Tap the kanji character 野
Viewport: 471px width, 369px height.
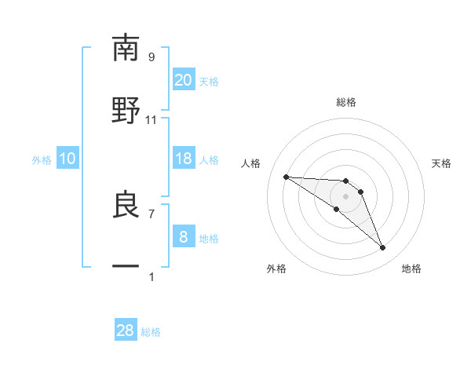click(x=126, y=109)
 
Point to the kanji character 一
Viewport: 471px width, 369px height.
click(x=126, y=266)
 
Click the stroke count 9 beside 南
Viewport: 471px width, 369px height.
click(x=152, y=57)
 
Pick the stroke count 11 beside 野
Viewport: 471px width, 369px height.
click(x=152, y=119)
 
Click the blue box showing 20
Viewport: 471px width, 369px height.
click(x=183, y=80)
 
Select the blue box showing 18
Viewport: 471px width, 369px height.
click(x=183, y=159)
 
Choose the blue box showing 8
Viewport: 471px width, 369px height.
click(x=183, y=237)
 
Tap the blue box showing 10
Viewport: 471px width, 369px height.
click(x=67, y=159)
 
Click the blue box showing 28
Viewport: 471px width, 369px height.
click(x=126, y=331)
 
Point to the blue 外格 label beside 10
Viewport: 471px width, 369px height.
click(x=42, y=160)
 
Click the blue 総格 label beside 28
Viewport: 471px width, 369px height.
click(x=151, y=332)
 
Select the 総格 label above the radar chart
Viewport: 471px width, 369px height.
click(x=346, y=102)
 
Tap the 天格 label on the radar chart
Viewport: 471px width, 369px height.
click(x=442, y=163)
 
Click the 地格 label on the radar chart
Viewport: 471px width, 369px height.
click(x=411, y=269)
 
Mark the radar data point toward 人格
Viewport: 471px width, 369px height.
click(x=286, y=177)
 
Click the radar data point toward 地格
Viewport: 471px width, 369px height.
click(x=383, y=248)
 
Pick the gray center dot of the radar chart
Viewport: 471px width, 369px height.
click(x=345, y=196)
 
